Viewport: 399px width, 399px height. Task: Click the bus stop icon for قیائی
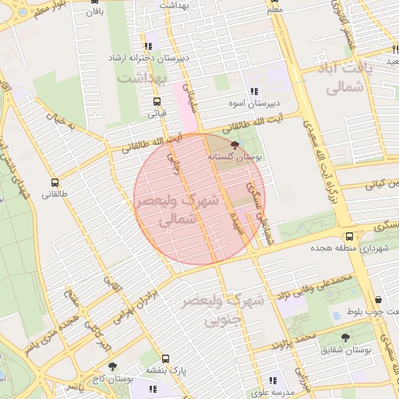click(x=157, y=101)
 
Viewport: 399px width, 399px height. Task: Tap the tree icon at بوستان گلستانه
click(x=235, y=145)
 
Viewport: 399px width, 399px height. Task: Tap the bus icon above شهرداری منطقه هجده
click(x=349, y=236)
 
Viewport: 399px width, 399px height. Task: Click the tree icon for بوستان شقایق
click(x=345, y=337)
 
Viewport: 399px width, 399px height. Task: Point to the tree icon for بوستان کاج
click(x=113, y=365)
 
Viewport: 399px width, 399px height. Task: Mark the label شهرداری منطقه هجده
click(x=354, y=249)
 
